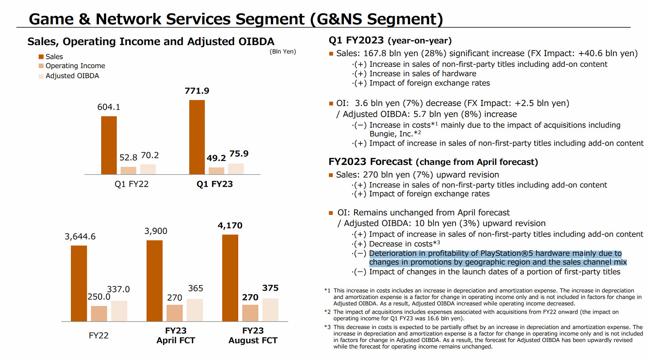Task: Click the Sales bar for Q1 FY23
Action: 197,137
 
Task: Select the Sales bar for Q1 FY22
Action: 109,145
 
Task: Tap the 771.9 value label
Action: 197,91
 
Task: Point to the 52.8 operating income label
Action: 128,157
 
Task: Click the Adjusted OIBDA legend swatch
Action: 41,76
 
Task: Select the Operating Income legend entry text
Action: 75,66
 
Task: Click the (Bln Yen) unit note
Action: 282,51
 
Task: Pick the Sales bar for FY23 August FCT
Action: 230,278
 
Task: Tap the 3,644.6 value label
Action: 80,237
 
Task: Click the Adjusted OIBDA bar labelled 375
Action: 270,310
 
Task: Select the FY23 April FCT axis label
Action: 175,335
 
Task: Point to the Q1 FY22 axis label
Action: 131,184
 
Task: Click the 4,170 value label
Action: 230,226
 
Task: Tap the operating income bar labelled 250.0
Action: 99,314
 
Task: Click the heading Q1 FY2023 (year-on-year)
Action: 390,41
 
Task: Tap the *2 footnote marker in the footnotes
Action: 327,312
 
